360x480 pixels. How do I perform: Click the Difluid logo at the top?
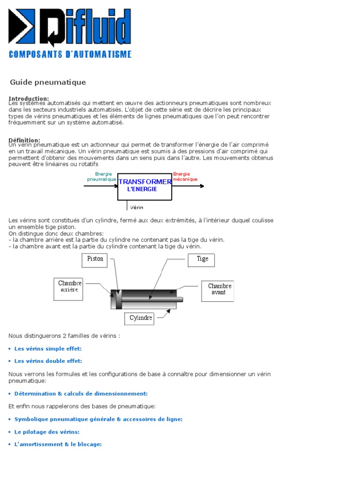point(70,27)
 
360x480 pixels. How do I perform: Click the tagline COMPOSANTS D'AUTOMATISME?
point(70,54)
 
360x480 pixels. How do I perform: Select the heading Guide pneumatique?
point(48,82)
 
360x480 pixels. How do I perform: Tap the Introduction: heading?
point(29,98)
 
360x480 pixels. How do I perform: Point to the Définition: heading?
point(24,140)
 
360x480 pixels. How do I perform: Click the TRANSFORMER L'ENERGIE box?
point(144,186)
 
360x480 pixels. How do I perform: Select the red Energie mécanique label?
point(185,176)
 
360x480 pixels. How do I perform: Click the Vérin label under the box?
point(137,207)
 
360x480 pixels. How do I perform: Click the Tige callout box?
point(202,260)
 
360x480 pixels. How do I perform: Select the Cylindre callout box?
point(141,318)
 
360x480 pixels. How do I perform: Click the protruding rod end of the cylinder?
point(180,299)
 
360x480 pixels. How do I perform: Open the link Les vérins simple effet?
point(48,349)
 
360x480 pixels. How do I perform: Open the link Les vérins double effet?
point(48,361)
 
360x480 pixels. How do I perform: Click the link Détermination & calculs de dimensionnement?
point(81,394)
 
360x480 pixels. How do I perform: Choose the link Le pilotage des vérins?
point(47,432)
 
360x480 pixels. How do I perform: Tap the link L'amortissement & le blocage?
point(58,444)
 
